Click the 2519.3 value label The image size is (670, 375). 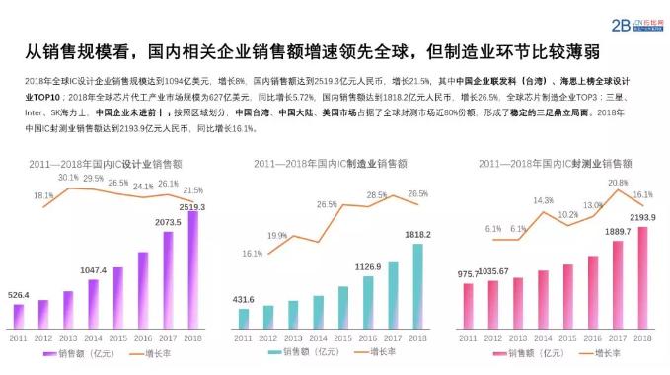click(x=193, y=206)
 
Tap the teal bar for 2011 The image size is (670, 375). click(x=244, y=318)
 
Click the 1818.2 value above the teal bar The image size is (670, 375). click(x=418, y=236)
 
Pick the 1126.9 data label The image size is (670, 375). click(x=368, y=267)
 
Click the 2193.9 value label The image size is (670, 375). click(x=642, y=217)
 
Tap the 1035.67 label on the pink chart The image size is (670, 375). click(x=493, y=270)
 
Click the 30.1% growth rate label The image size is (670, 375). click(x=68, y=177)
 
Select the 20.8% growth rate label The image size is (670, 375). click(x=618, y=183)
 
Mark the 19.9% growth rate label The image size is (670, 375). click(x=277, y=236)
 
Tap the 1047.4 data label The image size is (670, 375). click(x=94, y=269)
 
